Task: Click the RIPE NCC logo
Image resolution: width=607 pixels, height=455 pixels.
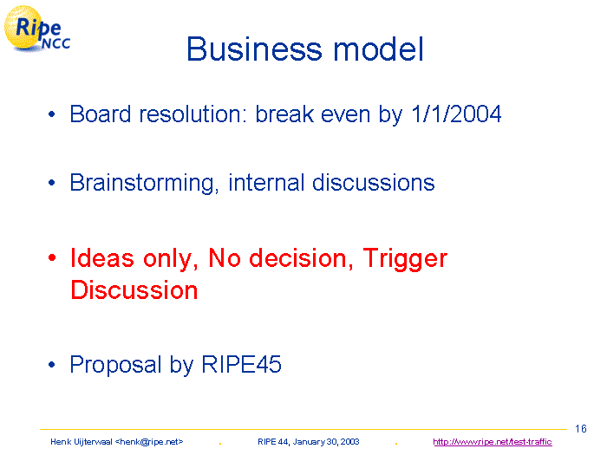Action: [36, 29]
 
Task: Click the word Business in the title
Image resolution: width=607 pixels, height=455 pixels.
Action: [254, 49]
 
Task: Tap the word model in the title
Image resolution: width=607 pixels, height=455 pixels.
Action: [378, 49]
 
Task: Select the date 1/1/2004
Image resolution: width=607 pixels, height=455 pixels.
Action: [456, 114]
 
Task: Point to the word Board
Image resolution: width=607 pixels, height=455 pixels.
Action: [101, 114]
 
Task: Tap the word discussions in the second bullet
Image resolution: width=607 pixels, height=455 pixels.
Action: [374, 183]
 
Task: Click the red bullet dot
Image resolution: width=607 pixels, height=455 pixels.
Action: [52, 257]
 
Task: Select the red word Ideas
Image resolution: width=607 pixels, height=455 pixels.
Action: [102, 258]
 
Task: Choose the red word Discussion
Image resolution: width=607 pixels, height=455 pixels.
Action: [134, 290]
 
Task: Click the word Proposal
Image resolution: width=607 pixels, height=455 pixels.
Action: [115, 365]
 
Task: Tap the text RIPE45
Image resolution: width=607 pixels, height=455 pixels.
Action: [242, 364]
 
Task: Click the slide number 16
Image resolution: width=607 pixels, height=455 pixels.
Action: [581, 429]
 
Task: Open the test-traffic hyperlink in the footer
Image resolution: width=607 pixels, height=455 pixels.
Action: [493, 442]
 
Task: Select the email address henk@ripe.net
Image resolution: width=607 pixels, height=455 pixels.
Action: [149, 442]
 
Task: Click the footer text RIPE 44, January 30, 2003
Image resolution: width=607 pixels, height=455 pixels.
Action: [309, 442]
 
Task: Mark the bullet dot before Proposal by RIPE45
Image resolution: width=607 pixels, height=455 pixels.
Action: [52, 365]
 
